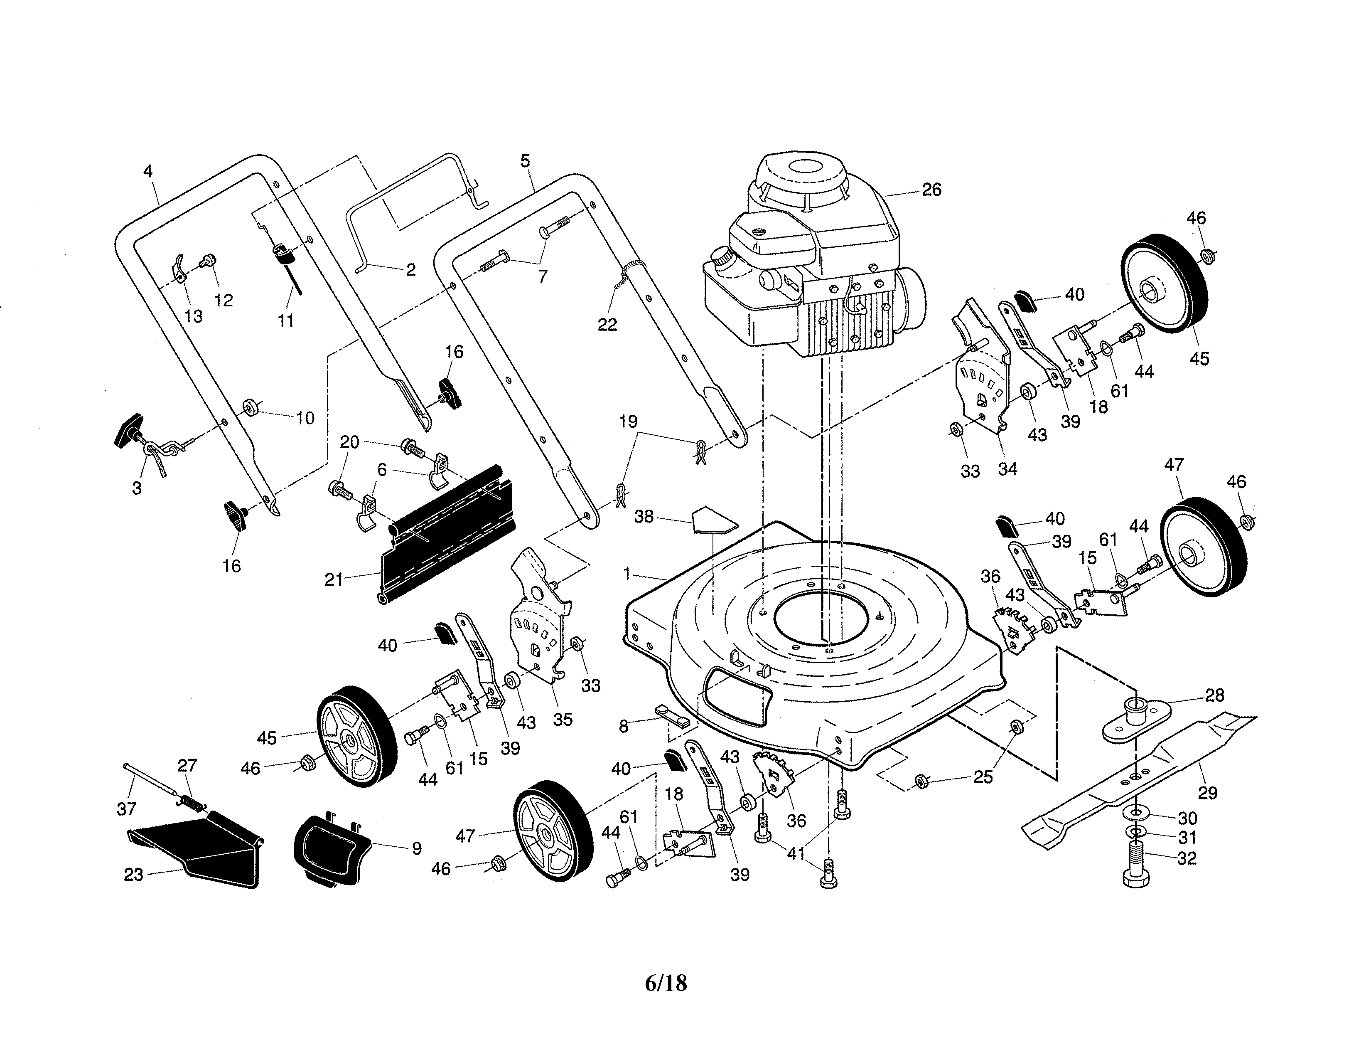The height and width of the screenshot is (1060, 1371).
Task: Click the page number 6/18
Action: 666,983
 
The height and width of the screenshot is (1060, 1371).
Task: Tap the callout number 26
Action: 931,190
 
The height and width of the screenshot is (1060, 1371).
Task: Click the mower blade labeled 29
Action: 1130,779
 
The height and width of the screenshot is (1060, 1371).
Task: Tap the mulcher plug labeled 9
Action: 329,848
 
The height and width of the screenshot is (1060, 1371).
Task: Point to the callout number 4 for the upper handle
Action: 148,171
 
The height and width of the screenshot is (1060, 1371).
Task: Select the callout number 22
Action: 607,325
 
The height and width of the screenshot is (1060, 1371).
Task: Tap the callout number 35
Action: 563,720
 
